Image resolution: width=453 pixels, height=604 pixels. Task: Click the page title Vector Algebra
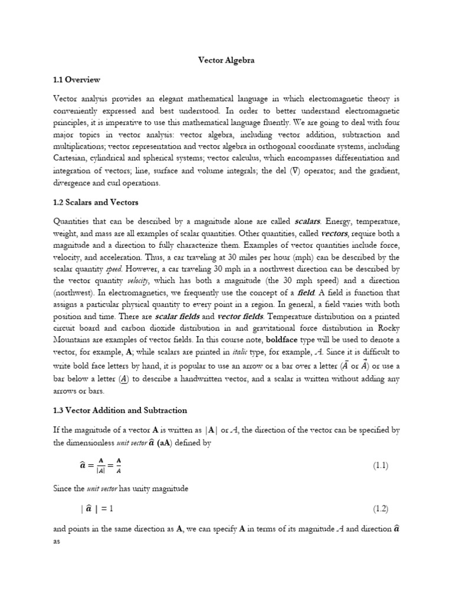226,60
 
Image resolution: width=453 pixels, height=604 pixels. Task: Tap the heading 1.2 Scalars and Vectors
96,202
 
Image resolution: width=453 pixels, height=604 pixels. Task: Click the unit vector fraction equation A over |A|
100,466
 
